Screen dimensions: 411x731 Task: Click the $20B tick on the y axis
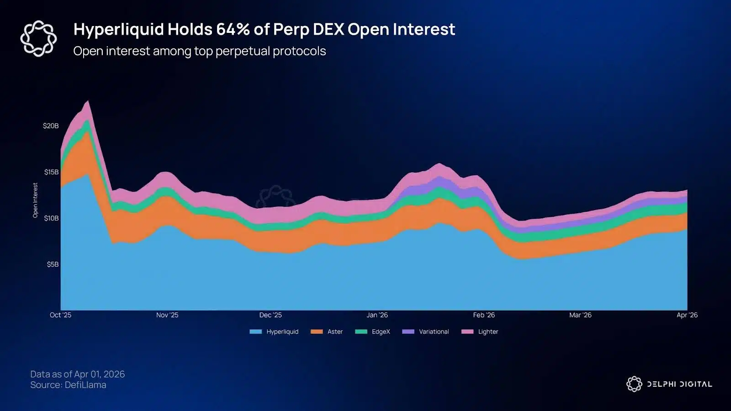[x=51, y=126]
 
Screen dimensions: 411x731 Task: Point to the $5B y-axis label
[x=53, y=264]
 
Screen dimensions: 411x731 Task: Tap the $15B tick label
[x=51, y=172]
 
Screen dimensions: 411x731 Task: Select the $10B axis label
[x=51, y=218]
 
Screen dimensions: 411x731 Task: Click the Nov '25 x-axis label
[x=167, y=315]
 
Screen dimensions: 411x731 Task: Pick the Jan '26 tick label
[x=377, y=315]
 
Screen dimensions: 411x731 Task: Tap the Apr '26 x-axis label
[x=687, y=315]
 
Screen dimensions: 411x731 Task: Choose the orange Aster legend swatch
[x=317, y=332]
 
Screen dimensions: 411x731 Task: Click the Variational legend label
[x=434, y=332]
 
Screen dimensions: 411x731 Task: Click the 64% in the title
[x=233, y=29]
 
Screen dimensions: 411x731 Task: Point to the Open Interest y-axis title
[x=35, y=200]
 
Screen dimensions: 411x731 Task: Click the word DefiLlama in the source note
[x=85, y=385]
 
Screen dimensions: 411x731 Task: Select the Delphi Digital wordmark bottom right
[x=679, y=384]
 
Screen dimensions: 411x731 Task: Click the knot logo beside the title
[x=38, y=38]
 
